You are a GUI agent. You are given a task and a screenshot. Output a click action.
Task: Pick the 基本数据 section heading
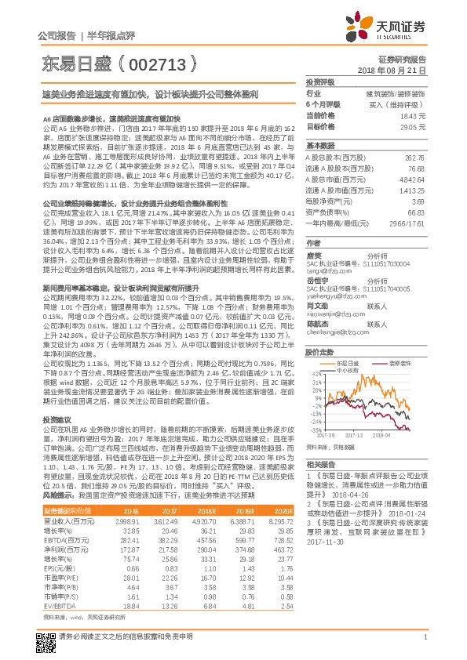[x=320, y=146]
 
